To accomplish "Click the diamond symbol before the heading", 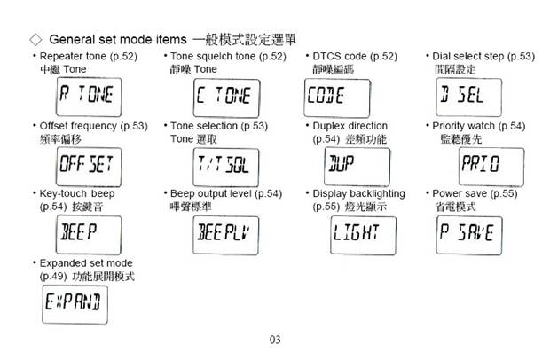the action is (35, 40).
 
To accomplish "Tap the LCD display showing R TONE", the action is (89, 98).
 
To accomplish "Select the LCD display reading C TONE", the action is (226, 98).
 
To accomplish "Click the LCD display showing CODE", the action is (337, 98).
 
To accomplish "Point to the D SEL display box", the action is (469, 98).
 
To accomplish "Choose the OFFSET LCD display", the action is (89, 167).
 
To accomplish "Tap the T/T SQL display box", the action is (226, 168).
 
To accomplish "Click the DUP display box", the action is (357, 167).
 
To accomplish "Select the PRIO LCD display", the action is (491, 167).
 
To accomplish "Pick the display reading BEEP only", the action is (89, 235).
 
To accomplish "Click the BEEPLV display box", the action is (226, 235).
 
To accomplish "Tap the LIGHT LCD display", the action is (364, 236).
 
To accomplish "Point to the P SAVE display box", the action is (469, 236).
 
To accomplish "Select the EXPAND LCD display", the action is (75, 305).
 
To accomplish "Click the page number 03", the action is (275, 340).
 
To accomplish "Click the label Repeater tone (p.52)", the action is (89, 57).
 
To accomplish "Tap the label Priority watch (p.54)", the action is (479, 126).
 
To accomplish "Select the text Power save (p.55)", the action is (475, 193).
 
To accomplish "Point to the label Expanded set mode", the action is (86, 263).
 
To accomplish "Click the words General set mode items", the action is (118, 39).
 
